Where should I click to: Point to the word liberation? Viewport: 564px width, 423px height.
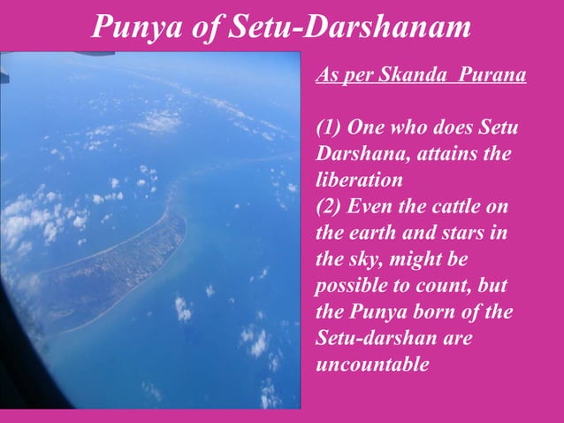pyautogui.click(x=358, y=181)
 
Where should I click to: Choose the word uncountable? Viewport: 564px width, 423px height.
pyautogui.click(x=372, y=364)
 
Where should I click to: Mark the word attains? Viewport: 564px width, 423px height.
pyautogui.click(x=446, y=154)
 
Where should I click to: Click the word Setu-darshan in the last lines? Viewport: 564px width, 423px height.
pyautogui.click(x=367, y=338)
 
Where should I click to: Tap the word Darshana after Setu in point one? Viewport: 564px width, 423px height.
pyautogui.click(x=357, y=154)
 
